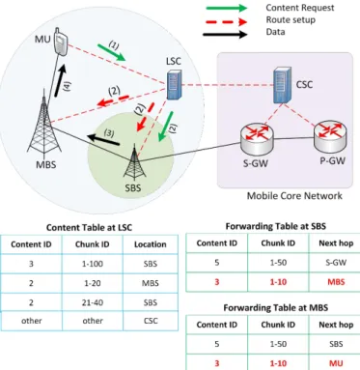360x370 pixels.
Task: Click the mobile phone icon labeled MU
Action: [x=61, y=42]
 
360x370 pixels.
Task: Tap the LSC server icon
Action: [x=174, y=85]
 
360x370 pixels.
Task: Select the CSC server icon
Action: [x=283, y=85]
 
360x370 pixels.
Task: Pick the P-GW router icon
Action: [x=330, y=135]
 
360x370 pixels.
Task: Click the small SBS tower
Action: [x=133, y=163]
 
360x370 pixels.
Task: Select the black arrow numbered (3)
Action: [x=103, y=140]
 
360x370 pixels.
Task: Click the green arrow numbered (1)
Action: [x=111, y=52]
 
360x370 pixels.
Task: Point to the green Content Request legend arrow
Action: [x=227, y=8]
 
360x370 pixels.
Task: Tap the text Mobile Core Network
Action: [x=294, y=196]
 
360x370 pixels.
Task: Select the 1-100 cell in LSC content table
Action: [x=93, y=264]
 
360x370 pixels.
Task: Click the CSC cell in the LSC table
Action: [x=151, y=321]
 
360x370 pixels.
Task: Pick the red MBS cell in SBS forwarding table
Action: [x=336, y=282]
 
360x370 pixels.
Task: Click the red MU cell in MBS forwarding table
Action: [x=336, y=363]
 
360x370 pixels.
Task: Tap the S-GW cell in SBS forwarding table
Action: [x=336, y=263]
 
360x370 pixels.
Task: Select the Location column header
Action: [x=151, y=244]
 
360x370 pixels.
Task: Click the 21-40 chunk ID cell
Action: [x=93, y=302]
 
